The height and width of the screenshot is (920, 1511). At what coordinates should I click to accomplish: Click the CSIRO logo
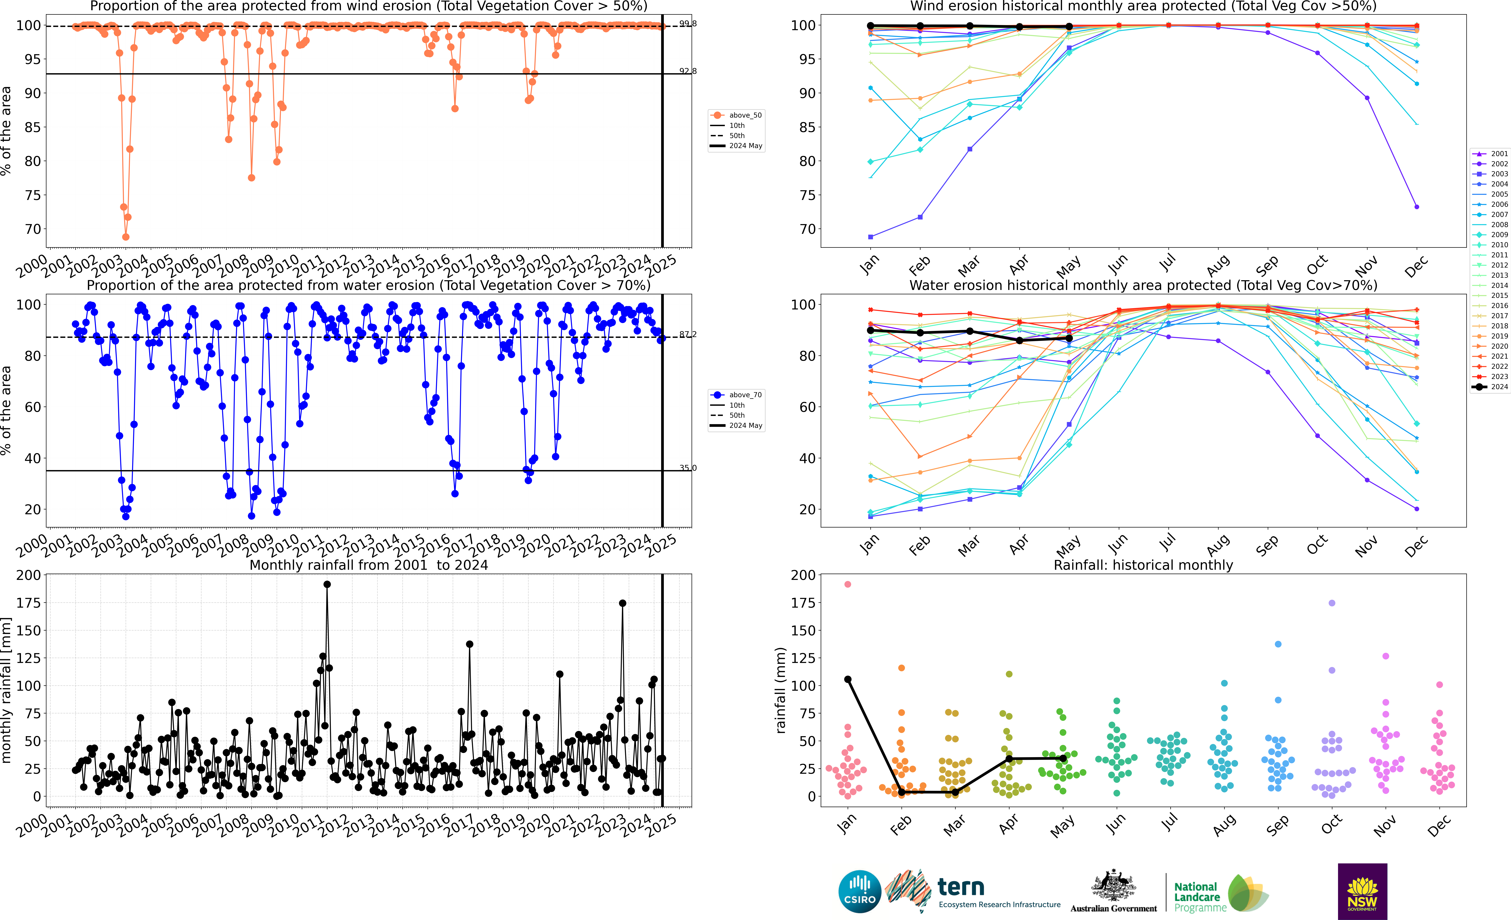[860, 891]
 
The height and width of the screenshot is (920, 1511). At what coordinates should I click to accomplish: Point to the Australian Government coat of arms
[1113, 886]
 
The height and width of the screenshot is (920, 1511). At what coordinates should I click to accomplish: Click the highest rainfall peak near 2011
[327, 585]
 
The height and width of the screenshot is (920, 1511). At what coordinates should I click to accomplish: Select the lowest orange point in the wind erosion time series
[126, 237]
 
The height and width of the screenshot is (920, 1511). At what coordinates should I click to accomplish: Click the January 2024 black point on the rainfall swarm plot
[847, 680]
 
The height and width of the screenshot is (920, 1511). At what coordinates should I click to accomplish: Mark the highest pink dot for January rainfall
[847, 585]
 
